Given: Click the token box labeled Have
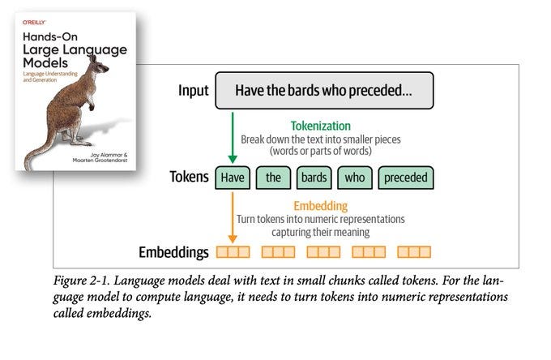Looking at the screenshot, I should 233,178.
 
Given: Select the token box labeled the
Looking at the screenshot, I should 272,178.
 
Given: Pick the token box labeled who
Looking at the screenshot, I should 354,178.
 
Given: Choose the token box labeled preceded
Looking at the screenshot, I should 405,178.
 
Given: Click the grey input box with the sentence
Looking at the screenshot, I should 323,91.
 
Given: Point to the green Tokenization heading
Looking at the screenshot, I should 322,126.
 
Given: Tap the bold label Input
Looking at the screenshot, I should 194,91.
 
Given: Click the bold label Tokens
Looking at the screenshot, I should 189,178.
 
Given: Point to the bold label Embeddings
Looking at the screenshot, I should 173,252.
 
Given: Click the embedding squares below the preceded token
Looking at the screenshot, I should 414,252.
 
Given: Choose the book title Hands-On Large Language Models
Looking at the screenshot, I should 74,46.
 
